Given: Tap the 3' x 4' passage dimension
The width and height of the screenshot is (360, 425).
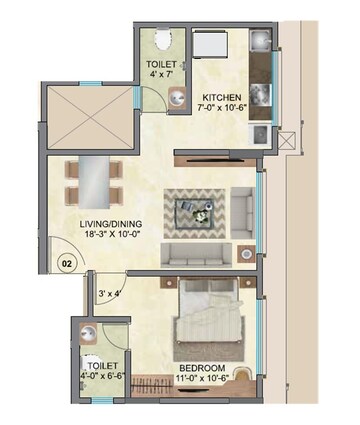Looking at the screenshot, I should (109, 293).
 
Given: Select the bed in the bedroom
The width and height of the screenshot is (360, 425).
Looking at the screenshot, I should (213, 323).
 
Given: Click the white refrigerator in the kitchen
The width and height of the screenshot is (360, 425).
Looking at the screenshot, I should (213, 44).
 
